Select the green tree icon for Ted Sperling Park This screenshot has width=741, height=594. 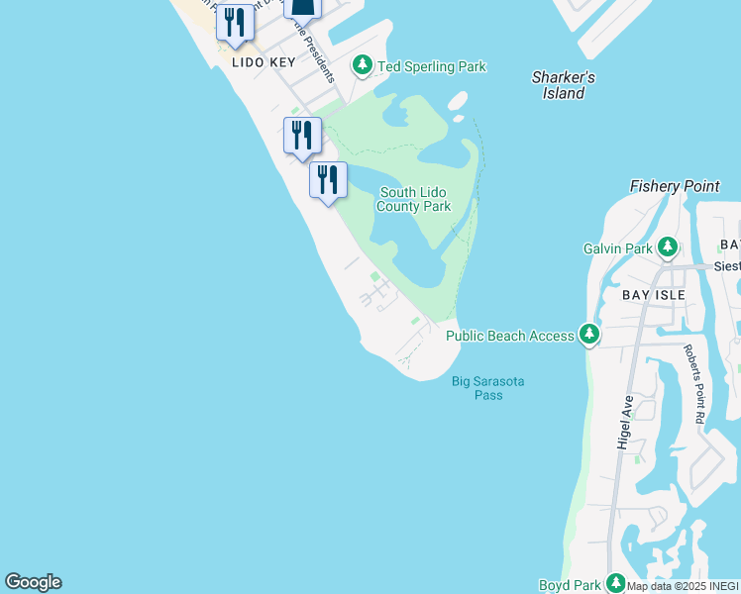[x=364, y=66]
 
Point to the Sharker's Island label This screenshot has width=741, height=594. [x=563, y=85]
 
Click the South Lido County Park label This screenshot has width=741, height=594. [x=413, y=199]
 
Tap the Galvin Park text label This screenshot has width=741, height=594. [x=618, y=248]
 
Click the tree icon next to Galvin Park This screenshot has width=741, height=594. [x=669, y=247]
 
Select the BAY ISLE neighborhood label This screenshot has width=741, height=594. [x=655, y=295]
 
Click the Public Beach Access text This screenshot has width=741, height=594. [x=509, y=336]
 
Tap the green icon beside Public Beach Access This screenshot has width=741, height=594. [x=589, y=335]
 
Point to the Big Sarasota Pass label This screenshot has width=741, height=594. [x=487, y=388]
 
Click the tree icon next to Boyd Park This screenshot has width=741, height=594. [x=616, y=583]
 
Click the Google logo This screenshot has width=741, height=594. [x=33, y=582]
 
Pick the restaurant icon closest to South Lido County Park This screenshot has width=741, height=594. [x=328, y=180]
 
